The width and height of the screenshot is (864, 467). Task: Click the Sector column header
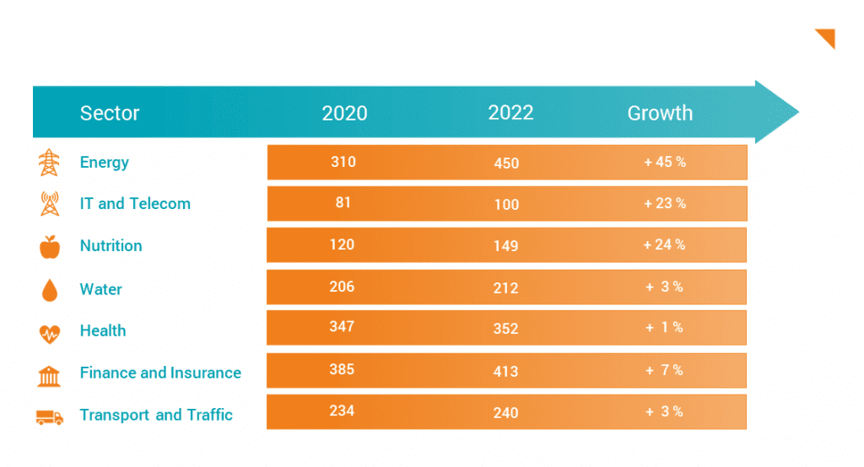pos(110,113)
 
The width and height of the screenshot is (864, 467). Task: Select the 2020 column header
pos(344,113)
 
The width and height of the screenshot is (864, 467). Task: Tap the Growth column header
pos(660,113)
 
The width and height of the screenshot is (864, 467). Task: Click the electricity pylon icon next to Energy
pos(50,163)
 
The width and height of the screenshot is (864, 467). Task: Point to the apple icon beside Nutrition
pos(50,247)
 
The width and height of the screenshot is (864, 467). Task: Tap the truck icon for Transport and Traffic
pos(50,416)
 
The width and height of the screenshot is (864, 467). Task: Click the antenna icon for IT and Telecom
pos(50,205)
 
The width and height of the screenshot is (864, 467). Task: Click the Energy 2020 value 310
pos(343,162)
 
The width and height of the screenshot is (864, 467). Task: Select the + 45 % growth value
pos(665,162)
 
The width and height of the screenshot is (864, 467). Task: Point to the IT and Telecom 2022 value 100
pos(506,205)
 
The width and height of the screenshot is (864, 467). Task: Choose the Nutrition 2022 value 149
pos(506,246)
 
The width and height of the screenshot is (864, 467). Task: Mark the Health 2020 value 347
pos(343,327)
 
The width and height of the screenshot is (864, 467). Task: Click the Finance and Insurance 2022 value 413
pos(506,371)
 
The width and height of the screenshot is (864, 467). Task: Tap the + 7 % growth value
pos(665,370)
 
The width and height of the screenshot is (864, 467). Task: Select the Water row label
pos(100,289)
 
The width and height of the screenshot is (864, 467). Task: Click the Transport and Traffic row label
pos(156,415)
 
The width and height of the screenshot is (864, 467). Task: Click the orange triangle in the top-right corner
pos(828,36)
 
